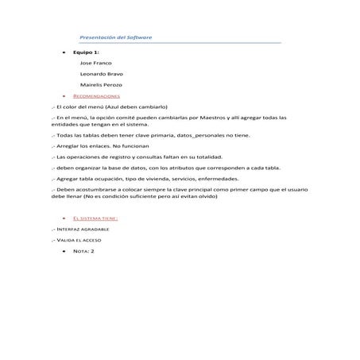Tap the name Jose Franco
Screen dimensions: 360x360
(x=96, y=63)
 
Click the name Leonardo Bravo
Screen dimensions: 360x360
(x=102, y=74)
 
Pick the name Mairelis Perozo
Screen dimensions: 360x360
(x=101, y=84)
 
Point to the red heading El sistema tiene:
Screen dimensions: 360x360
(x=95, y=217)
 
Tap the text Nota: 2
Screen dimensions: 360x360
(x=83, y=250)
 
